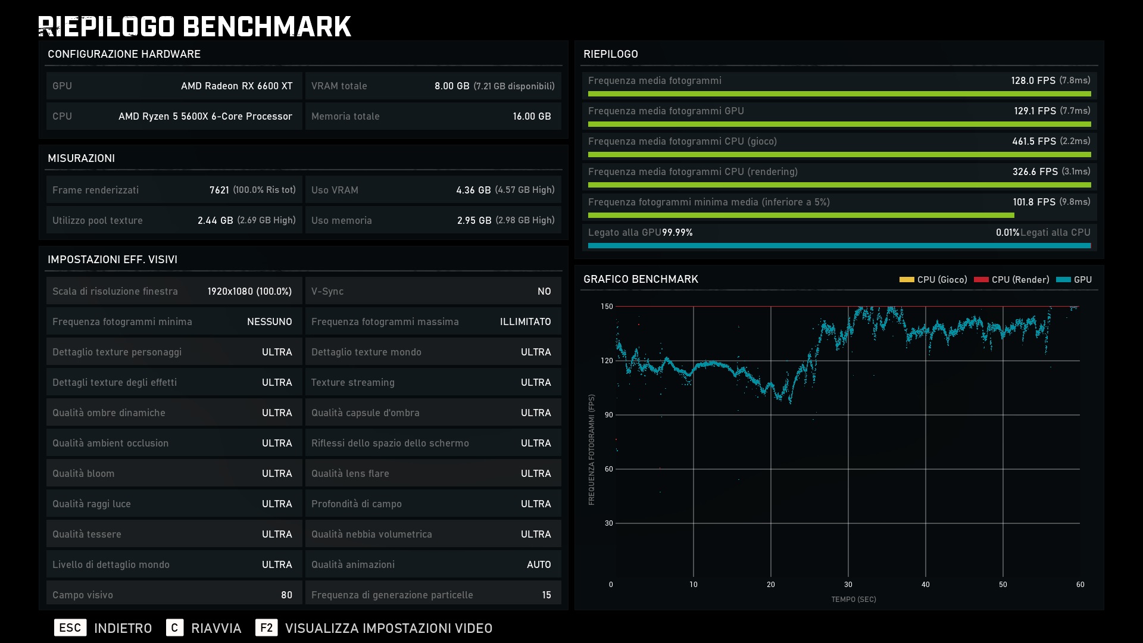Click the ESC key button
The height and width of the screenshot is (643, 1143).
coord(70,628)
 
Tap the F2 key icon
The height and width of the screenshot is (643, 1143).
coord(266,628)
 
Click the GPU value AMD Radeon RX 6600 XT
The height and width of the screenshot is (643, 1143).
coord(237,86)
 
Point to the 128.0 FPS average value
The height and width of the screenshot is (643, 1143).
coord(1033,80)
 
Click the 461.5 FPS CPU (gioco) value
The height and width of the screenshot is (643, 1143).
coord(1034,141)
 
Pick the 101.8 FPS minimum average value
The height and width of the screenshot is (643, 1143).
coord(1035,202)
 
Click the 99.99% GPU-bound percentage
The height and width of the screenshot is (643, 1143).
coord(677,232)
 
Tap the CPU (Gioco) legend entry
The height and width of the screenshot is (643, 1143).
coord(933,279)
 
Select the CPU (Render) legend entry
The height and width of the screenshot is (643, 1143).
coord(1011,279)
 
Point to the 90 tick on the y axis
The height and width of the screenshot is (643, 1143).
coord(608,415)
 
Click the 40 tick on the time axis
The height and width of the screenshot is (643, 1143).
coord(926,585)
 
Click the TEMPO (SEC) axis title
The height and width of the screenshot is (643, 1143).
coord(854,600)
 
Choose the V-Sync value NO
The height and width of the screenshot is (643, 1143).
coord(544,291)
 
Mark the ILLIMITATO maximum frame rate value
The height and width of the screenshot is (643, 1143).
coord(526,321)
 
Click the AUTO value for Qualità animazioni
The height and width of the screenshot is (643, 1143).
coord(539,564)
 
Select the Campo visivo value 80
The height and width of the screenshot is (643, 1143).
coord(286,595)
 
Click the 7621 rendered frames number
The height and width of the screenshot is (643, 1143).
coord(219,190)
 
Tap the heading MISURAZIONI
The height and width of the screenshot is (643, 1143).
coord(81,158)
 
